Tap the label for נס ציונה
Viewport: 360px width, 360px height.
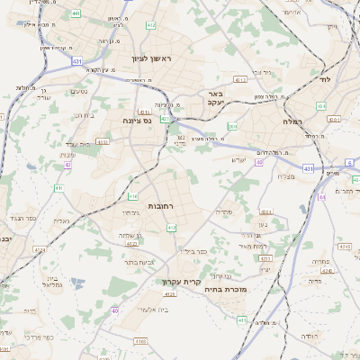pyautogui.click(x=137, y=120)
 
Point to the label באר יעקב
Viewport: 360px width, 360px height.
pyautogui.click(x=214, y=97)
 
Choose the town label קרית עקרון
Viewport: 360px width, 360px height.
pyautogui.click(x=181, y=282)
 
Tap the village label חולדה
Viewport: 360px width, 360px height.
pyautogui.click(x=309, y=336)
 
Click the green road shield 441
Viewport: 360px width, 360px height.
pyautogui.click(x=75, y=13)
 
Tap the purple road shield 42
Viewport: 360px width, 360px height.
pyautogui.click(x=67, y=165)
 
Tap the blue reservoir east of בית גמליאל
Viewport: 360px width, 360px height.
pyautogui.click(x=76, y=282)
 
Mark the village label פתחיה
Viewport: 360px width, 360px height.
pyautogui.click(x=319, y=261)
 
